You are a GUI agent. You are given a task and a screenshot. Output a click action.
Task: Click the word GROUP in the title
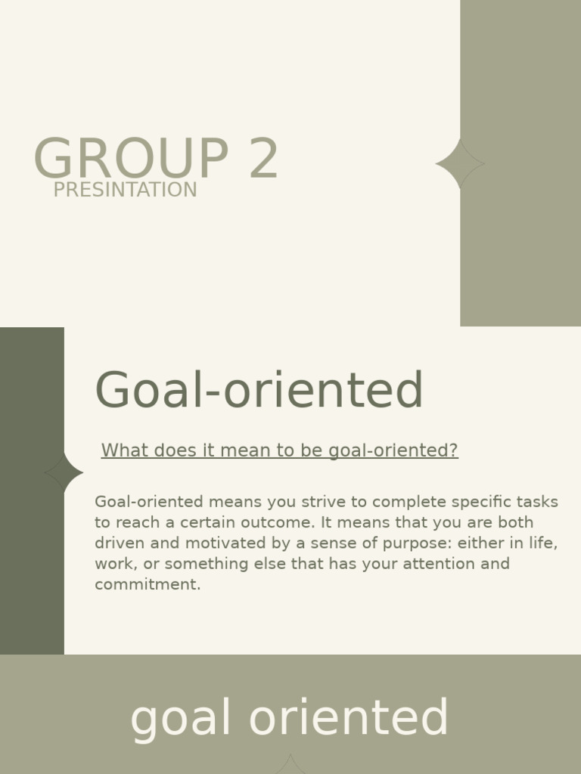coord(131,159)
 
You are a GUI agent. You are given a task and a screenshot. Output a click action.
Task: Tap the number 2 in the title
coord(263,159)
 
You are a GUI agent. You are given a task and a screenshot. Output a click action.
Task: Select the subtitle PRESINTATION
coord(125,190)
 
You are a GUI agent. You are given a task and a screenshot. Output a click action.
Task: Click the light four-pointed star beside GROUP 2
coord(460,163)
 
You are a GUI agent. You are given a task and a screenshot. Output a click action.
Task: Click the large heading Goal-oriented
coord(259,390)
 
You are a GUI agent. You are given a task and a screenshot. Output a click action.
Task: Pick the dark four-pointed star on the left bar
coord(64,472)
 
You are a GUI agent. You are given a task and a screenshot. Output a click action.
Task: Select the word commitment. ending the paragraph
coord(148,584)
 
